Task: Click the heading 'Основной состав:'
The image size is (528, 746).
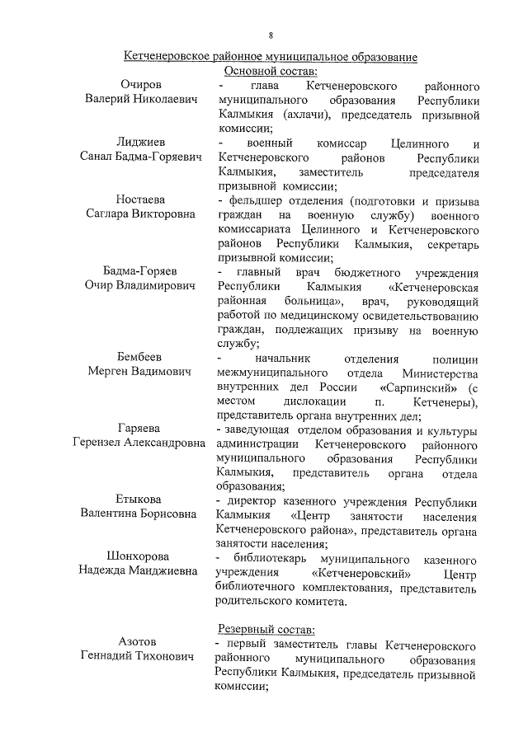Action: (270, 72)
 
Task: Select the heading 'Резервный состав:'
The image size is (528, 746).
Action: (262, 628)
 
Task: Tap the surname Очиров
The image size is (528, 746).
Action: (141, 86)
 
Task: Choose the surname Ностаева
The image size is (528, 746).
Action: (141, 200)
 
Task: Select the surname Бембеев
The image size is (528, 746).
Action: (141, 358)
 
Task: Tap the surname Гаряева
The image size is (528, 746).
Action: (141, 429)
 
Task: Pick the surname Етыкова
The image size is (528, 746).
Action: (141, 500)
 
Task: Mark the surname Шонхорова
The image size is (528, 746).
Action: (141, 556)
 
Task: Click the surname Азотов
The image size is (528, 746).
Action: (141, 642)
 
